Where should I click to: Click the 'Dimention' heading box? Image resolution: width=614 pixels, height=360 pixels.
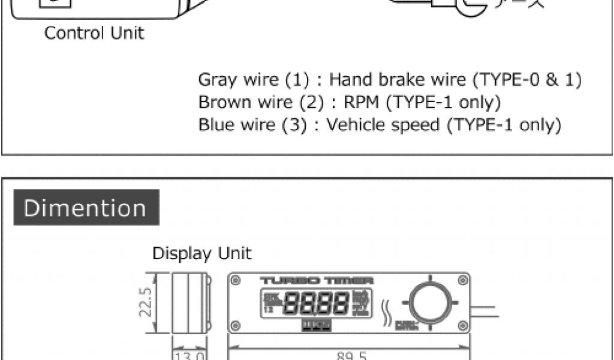click(86, 208)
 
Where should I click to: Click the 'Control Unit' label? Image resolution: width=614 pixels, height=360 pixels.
click(94, 33)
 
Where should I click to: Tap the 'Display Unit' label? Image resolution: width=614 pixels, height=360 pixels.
click(202, 253)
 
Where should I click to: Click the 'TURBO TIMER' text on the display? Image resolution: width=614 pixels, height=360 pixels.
click(317, 280)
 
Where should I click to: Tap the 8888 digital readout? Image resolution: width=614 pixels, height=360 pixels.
click(316, 303)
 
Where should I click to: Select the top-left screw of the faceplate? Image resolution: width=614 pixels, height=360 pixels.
click(235, 280)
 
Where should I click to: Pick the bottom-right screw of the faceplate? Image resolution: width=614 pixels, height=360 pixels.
click(462, 326)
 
